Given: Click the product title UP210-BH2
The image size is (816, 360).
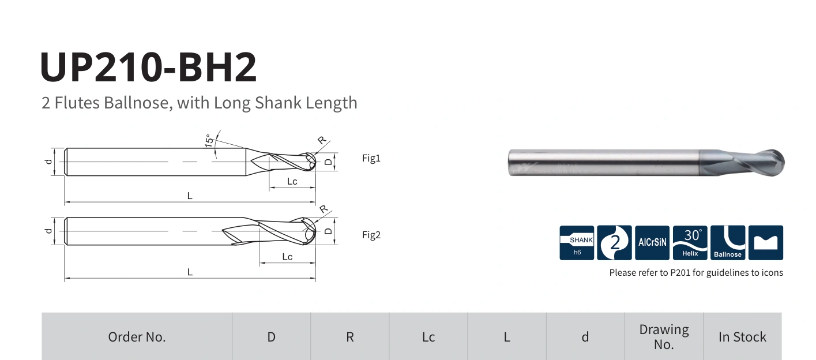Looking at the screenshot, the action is (x=148, y=67).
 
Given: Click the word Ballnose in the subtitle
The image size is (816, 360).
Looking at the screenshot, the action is (x=138, y=103).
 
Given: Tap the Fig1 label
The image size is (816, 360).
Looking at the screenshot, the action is (x=371, y=158).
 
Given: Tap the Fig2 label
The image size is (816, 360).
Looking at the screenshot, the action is (x=371, y=235).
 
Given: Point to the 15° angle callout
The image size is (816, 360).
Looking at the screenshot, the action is (x=209, y=141).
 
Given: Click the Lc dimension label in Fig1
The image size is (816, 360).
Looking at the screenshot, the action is (x=292, y=182).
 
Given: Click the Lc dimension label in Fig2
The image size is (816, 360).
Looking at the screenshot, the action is (x=287, y=257).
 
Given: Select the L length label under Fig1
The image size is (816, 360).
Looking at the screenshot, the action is (x=190, y=196).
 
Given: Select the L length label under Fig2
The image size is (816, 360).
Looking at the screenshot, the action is (x=190, y=272).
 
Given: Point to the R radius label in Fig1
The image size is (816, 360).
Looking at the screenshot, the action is (x=322, y=140).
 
